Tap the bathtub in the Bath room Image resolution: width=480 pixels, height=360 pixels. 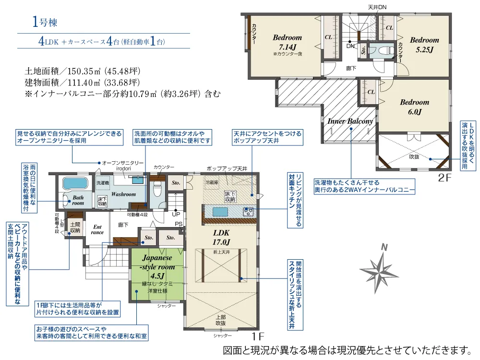coord(74,183)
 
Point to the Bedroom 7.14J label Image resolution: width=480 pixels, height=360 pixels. coord(287,42)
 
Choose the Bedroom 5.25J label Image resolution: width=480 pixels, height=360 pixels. coord(424,44)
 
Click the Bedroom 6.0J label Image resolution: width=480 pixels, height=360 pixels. coord(414,107)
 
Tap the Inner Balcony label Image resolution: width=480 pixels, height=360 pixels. coord(350,121)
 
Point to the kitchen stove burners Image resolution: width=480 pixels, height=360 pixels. coord(249,211)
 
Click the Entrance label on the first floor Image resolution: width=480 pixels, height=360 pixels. coord(97,229)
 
